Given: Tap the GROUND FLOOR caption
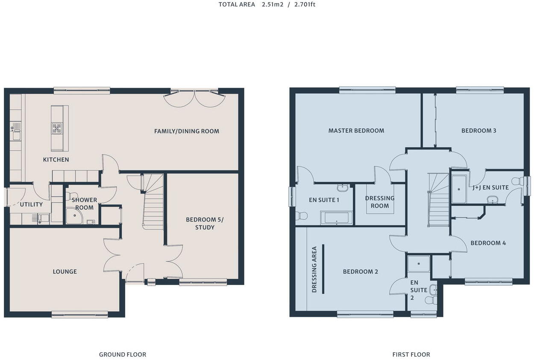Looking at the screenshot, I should [123, 354].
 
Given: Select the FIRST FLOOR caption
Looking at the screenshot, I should [411, 354].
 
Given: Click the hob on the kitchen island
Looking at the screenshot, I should [57, 128].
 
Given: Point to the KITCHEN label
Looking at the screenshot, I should [56, 160].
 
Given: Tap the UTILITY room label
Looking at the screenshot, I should [31, 205].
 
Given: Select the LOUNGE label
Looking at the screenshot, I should [65, 272].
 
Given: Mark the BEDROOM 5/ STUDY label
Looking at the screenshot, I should [205, 223].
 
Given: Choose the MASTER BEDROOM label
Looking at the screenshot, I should [356, 131].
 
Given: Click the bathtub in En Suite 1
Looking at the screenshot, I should [337, 218].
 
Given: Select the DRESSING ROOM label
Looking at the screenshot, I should [380, 202].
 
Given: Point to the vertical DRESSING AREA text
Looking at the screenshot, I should [314, 269].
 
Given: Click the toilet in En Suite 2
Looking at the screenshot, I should [431, 300].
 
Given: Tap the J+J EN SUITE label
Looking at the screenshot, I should [491, 187].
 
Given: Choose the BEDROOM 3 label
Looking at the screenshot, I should [478, 131].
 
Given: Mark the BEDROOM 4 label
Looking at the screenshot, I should [488, 243].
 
